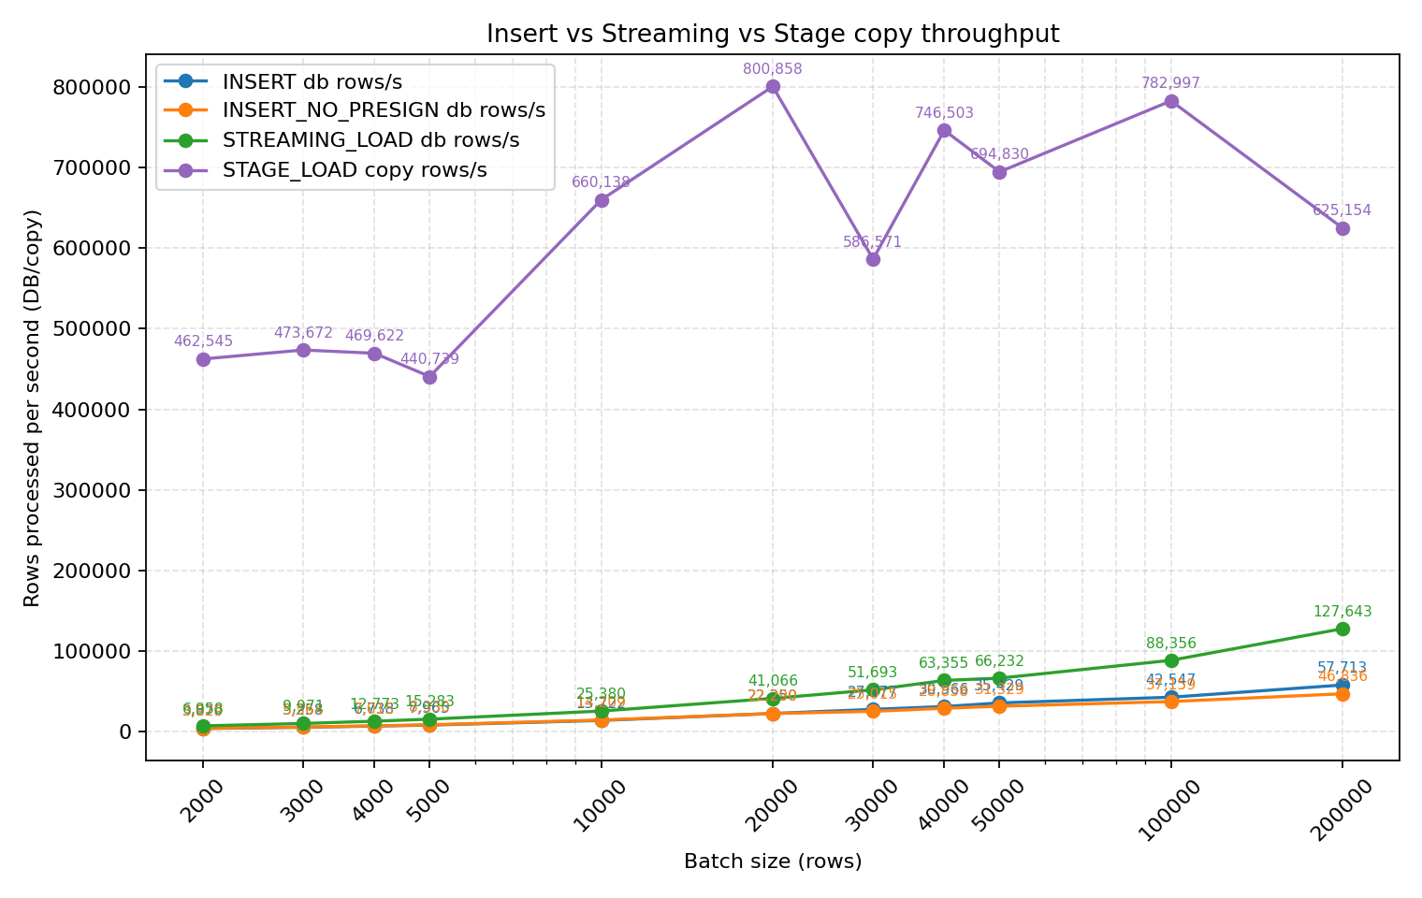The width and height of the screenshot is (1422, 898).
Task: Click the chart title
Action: point(772,35)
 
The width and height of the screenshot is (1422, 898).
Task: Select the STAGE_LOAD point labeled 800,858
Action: point(773,87)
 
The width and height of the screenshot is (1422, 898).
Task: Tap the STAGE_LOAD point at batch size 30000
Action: point(873,259)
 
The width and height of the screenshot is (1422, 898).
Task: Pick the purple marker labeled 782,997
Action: point(1171,101)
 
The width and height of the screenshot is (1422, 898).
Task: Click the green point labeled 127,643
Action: point(1342,629)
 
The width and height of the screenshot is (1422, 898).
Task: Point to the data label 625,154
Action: point(1342,210)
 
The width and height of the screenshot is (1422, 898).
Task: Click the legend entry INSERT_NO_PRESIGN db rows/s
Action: point(384,110)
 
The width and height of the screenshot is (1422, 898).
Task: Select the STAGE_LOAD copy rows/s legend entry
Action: point(355,170)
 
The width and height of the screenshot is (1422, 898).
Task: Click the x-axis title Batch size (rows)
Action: point(773,862)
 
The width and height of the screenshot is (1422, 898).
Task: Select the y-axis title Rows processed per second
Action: point(33,408)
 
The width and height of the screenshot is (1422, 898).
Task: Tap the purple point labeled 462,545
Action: point(203,359)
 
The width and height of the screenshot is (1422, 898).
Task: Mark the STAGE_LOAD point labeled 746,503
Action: point(944,130)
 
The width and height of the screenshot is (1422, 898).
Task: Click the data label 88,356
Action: point(1171,644)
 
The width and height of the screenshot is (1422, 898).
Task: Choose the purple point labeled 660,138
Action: point(602,200)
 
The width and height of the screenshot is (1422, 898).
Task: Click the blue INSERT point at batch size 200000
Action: point(1342,685)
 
